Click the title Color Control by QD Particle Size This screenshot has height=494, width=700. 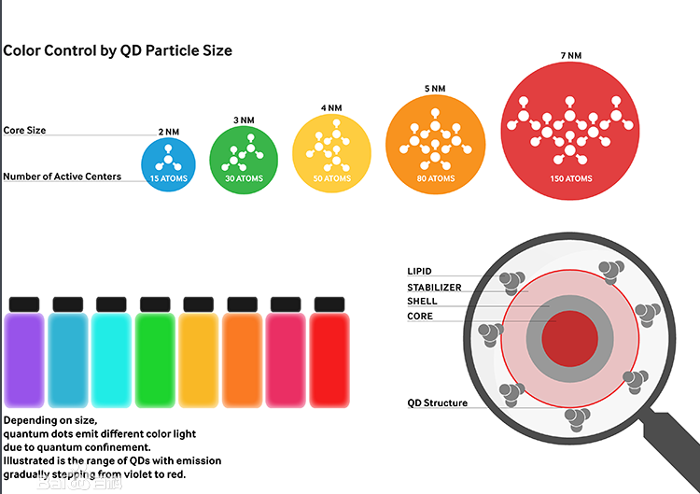118,50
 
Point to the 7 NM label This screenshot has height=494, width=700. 570,56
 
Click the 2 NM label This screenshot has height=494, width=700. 168,132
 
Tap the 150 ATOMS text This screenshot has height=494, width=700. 570,178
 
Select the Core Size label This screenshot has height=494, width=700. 24,130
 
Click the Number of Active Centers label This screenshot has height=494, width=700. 62,176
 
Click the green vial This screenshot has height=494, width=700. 156,360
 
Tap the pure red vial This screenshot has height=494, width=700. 329,360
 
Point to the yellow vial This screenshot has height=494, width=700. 199,360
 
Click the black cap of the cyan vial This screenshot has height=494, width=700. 111,304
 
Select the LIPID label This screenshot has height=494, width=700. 419,272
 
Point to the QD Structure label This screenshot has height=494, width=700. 438,403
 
